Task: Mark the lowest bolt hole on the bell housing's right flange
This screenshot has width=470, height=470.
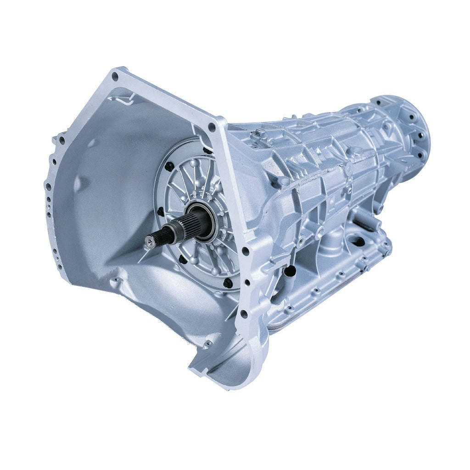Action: click(x=243, y=314)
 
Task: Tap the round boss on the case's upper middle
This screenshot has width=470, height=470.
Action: click(x=349, y=168)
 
